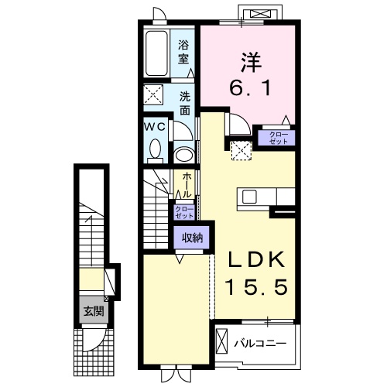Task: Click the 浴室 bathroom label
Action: (x=183, y=52)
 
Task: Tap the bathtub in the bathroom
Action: (x=156, y=53)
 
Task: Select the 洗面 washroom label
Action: (x=185, y=103)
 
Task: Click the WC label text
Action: (x=155, y=127)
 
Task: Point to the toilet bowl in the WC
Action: (x=156, y=149)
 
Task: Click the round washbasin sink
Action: (x=184, y=155)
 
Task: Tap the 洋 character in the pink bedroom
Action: (x=251, y=62)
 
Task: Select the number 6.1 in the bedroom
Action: (x=250, y=87)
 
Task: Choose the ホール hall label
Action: (x=187, y=186)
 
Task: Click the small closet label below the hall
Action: (x=184, y=212)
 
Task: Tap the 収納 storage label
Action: (x=192, y=238)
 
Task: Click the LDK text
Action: (x=256, y=260)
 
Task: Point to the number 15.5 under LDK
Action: (x=256, y=287)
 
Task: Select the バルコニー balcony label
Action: (x=260, y=344)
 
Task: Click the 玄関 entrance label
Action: (x=94, y=312)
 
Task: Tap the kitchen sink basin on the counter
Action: (x=249, y=197)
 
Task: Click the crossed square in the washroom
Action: (x=153, y=94)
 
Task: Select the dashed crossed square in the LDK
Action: (x=241, y=151)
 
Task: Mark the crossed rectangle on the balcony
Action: (x=221, y=341)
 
